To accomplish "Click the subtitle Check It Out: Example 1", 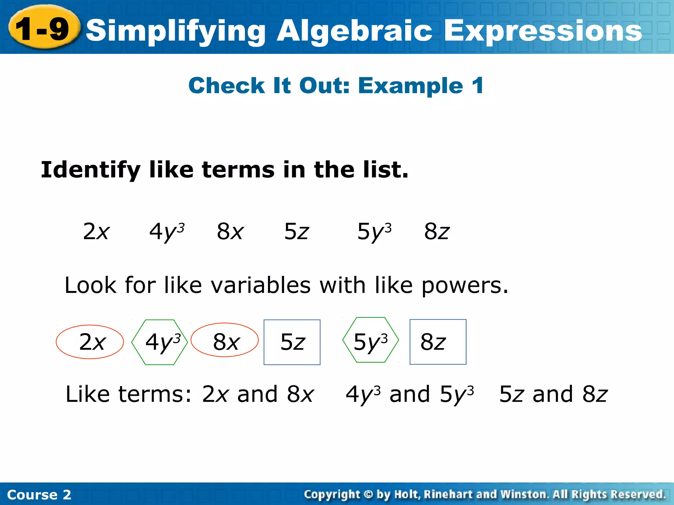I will (x=336, y=85).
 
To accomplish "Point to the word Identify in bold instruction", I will (x=91, y=170).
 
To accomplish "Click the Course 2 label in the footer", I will (x=39, y=494).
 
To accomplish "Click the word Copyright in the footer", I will (x=332, y=494).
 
